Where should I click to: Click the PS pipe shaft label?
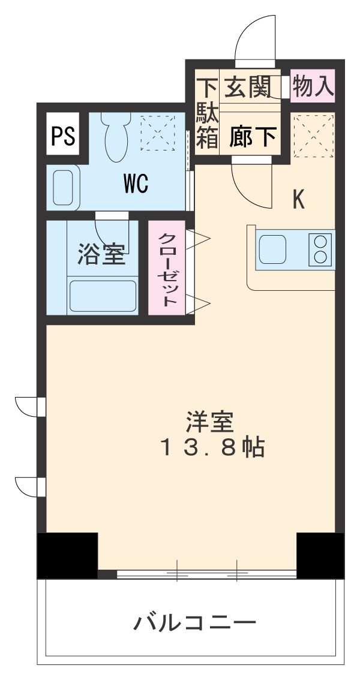63,136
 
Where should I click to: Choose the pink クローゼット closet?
167,268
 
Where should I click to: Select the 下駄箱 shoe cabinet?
208,114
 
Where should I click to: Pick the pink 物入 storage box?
313,86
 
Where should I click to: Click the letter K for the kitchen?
298,200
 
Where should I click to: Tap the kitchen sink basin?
273,248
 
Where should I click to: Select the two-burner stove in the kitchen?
321,248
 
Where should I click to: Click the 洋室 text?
209,422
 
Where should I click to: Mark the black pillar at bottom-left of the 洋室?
67,555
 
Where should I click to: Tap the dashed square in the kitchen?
313,136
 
